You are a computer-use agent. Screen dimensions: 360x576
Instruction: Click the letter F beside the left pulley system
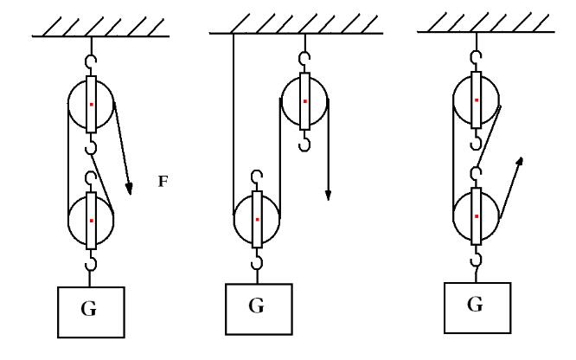(x=162, y=183)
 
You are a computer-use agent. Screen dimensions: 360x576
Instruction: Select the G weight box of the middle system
(x=256, y=307)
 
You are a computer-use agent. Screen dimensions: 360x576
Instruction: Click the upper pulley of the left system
(x=91, y=105)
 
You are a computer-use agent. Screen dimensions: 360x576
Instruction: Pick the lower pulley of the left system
(x=91, y=220)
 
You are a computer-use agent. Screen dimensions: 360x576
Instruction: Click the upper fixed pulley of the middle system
(x=304, y=100)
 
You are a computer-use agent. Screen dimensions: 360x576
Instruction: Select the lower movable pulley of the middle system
(x=257, y=219)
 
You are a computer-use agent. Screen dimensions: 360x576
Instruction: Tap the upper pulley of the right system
(x=476, y=100)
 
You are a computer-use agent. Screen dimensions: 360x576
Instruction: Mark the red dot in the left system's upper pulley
(x=91, y=105)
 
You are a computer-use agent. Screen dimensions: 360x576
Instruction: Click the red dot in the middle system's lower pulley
(x=257, y=220)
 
